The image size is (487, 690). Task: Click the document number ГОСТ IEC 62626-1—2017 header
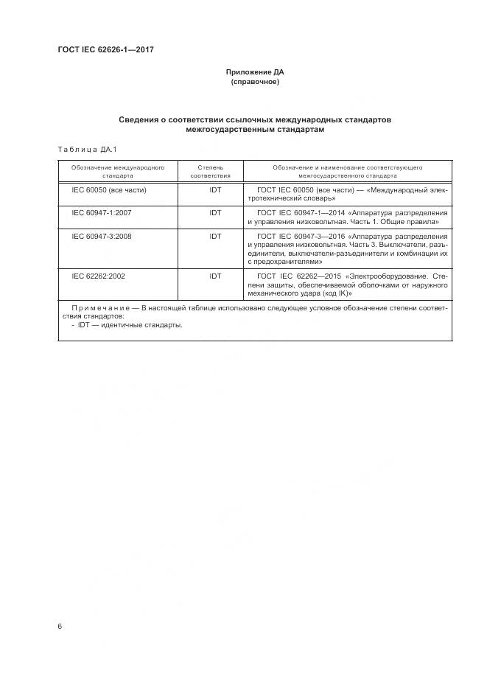[x=105, y=50]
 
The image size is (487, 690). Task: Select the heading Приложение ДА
[x=254, y=72]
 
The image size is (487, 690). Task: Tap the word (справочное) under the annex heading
[x=254, y=82]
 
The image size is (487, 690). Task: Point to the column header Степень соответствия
[x=211, y=172]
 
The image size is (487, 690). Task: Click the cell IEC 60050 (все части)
[x=109, y=190]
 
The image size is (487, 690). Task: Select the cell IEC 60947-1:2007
[x=102, y=212]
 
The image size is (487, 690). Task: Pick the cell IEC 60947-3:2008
[x=102, y=236]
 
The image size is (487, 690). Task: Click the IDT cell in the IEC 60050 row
[x=215, y=190]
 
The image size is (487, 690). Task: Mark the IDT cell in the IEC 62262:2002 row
[x=215, y=276]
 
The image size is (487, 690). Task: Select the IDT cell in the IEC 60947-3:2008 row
[x=215, y=236]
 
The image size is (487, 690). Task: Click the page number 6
[x=60, y=626]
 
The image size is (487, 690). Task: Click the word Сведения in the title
[x=142, y=119]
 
